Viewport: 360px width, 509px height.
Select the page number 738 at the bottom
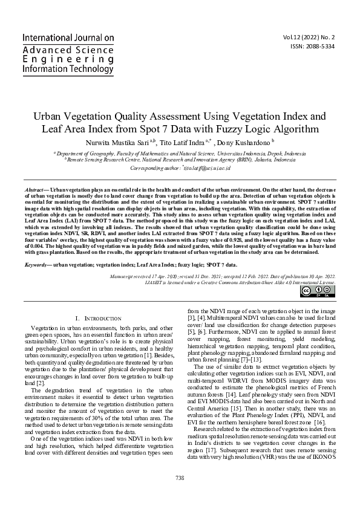(180, 478)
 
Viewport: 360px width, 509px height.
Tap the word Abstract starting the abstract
(34, 189)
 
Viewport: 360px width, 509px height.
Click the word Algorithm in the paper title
(296, 129)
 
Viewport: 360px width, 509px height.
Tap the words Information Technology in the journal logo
(67, 70)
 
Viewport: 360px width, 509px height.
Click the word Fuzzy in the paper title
(218, 129)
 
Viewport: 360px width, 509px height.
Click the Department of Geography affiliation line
(180, 154)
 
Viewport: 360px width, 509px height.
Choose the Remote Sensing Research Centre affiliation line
(180, 160)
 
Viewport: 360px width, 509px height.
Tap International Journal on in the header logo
(68, 37)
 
